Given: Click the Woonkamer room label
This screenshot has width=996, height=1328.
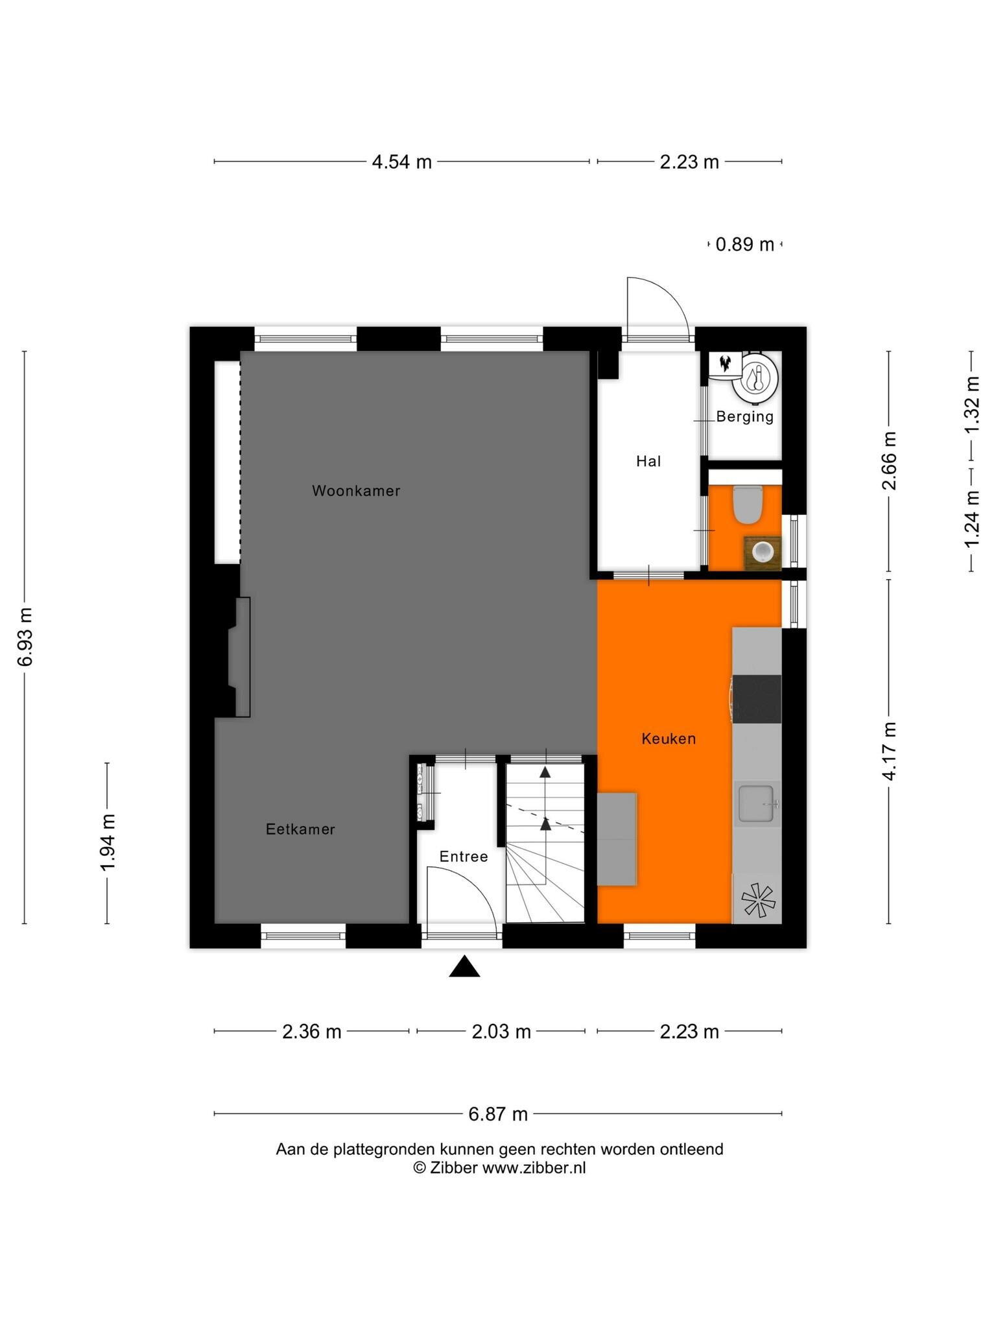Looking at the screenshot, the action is pos(356,491).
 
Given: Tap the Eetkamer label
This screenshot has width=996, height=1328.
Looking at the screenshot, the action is pos(300,829).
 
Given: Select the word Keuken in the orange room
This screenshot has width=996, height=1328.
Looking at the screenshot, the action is pos(669,739).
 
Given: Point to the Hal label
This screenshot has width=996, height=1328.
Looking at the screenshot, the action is pos(648,461).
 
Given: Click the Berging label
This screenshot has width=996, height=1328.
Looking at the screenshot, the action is pos(745,417).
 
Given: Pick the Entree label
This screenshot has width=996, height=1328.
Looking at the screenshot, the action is pos(464,857).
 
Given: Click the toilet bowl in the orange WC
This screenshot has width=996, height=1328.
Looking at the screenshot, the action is pos(747,504).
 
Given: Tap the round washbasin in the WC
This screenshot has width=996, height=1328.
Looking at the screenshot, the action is pos(762,552).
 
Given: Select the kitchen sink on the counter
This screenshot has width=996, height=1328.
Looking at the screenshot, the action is pos(757,803).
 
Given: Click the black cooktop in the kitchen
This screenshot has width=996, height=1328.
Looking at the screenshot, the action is pos(757,699).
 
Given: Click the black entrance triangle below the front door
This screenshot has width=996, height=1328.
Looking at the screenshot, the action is pos(465,966).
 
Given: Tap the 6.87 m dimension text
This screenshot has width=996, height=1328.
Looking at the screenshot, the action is pos(498,1114).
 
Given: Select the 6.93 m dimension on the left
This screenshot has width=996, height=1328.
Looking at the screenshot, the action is pos(25,637).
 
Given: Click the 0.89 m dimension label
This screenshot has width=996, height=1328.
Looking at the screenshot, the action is pos(745,244).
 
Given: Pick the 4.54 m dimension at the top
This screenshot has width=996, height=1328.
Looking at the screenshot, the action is pos(401,161).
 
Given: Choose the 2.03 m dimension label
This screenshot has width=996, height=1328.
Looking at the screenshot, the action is pos(501,1032).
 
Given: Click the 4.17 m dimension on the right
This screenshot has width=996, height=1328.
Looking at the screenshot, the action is pos(889,751).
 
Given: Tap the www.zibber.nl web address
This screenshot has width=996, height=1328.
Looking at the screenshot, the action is pos(534,1168).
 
